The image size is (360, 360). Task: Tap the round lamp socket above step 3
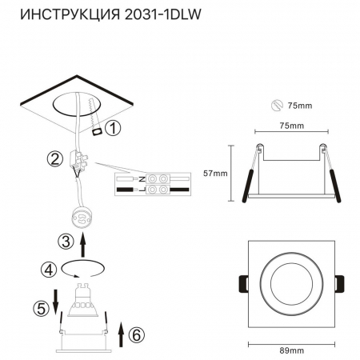pos(82,214)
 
